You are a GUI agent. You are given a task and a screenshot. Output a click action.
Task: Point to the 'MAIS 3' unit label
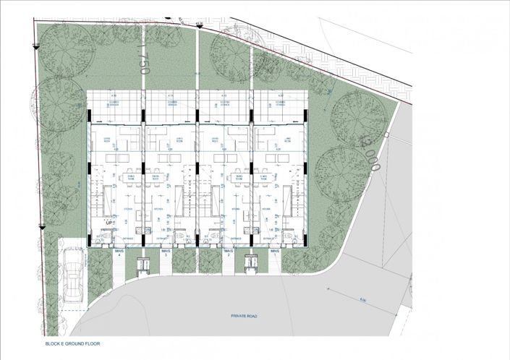click(x=166, y=254)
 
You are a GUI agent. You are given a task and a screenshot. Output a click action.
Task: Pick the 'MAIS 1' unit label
click(x=275, y=254)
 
